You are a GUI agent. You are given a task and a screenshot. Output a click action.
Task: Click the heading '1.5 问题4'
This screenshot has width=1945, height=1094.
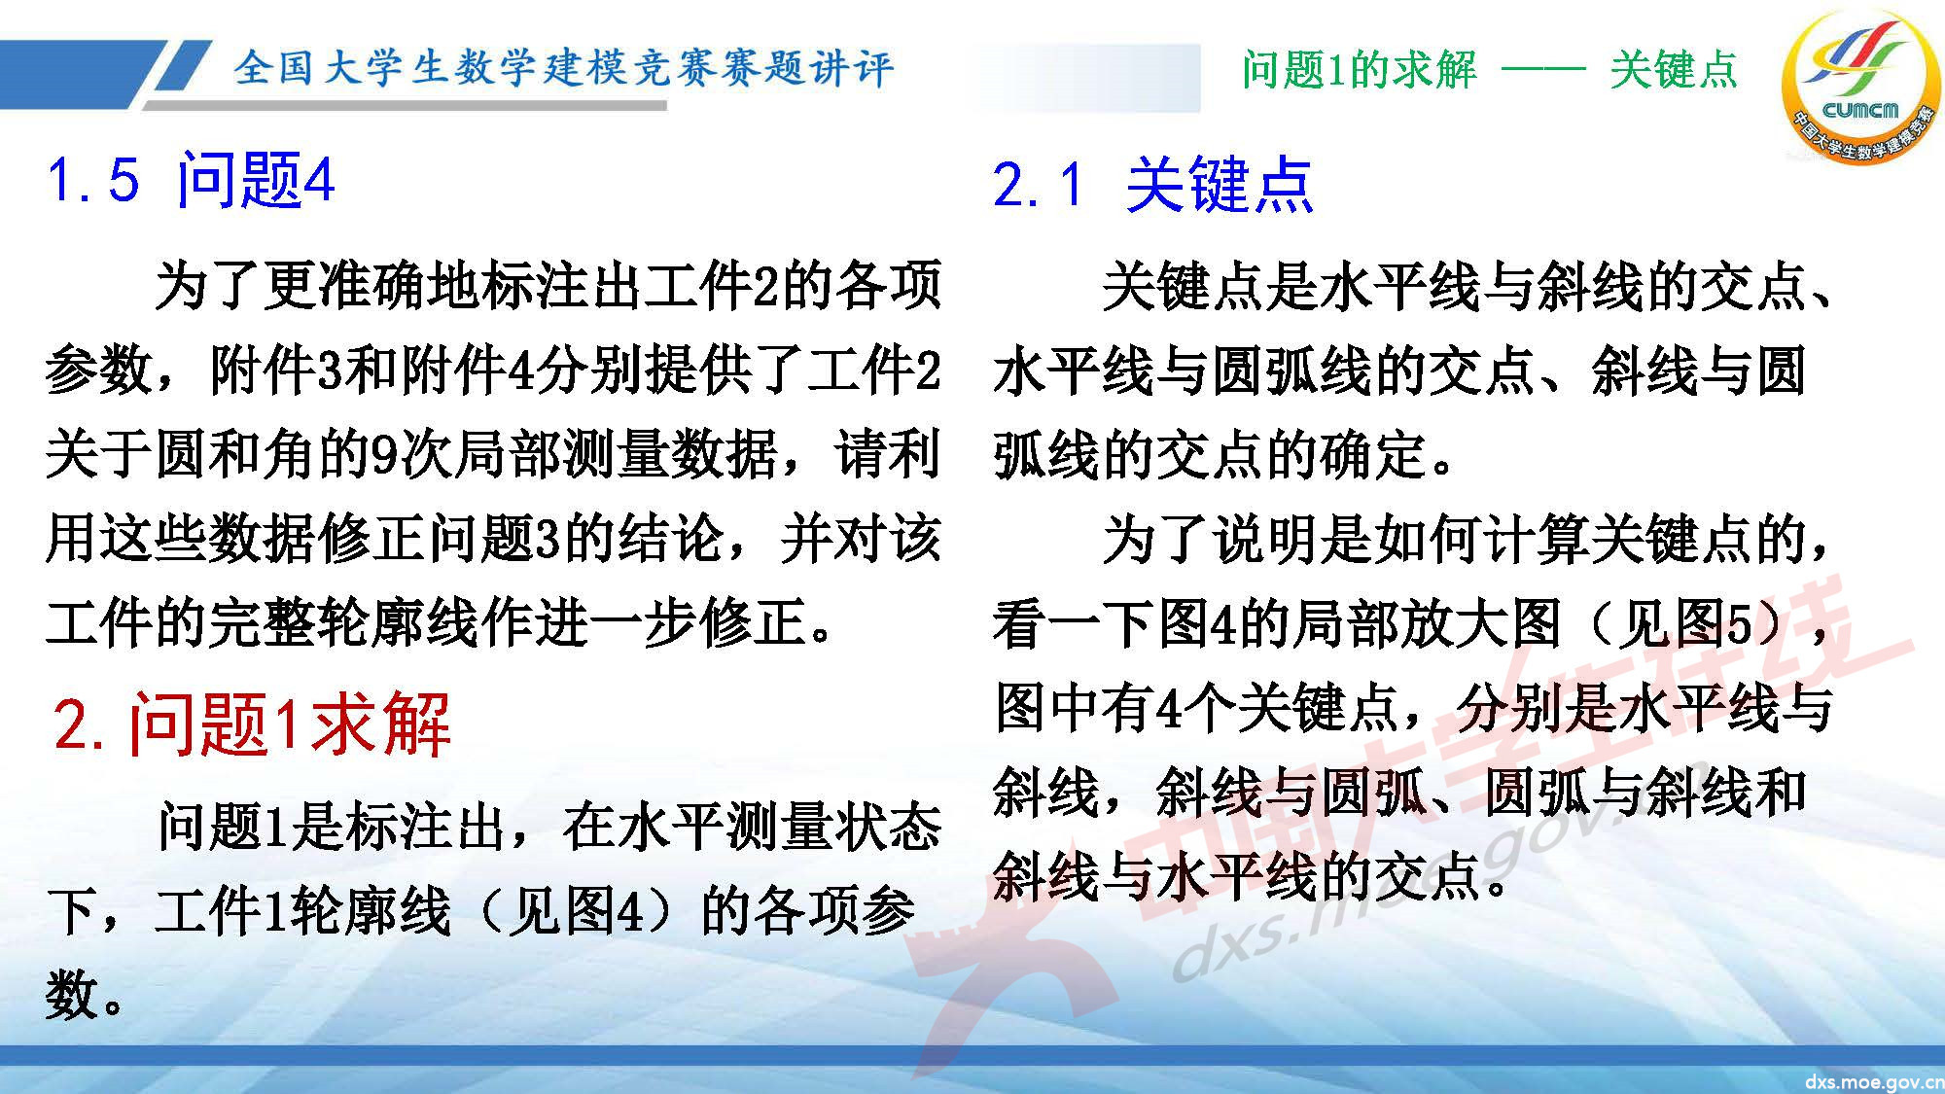click(x=191, y=181)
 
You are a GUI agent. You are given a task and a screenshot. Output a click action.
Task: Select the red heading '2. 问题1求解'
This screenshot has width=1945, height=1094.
click(x=253, y=724)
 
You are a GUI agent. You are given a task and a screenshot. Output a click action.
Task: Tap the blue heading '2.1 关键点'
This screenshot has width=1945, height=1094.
click(x=1152, y=185)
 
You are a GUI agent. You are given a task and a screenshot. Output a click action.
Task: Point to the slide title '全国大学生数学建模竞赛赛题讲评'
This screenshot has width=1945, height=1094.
click(x=562, y=68)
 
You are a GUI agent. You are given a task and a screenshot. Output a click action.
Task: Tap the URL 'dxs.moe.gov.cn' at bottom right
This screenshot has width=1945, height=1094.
click(x=1873, y=1081)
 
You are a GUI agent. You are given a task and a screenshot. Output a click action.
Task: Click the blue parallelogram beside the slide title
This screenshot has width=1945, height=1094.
click(x=181, y=68)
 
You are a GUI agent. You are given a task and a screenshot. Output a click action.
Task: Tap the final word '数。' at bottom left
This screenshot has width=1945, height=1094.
click(x=85, y=996)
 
